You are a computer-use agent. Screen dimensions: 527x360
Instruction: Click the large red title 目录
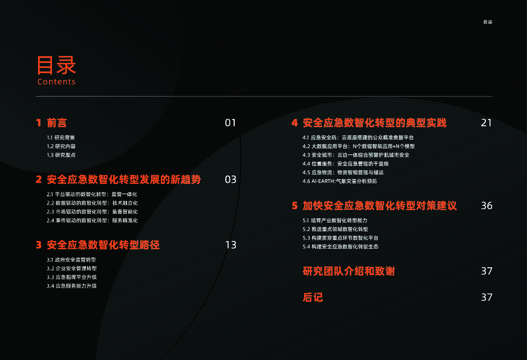(56, 65)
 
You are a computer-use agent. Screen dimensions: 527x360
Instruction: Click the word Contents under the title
(57, 82)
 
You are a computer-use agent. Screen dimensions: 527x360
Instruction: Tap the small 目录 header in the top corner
(487, 22)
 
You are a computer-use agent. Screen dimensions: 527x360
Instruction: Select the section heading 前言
(57, 123)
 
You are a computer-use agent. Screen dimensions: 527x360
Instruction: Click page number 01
(230, 123)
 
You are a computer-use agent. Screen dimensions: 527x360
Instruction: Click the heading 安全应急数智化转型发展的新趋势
(124, 179)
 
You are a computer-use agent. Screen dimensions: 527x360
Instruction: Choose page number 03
(230, 179)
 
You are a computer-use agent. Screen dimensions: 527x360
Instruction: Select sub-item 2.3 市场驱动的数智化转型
(92, 212)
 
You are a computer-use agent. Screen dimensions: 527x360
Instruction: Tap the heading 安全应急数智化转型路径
(103, 245)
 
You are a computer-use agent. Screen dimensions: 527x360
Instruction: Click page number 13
(231, 245)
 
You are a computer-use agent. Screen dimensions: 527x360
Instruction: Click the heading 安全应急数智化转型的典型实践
(374, 123)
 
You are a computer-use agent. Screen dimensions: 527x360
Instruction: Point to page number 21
(486, 123)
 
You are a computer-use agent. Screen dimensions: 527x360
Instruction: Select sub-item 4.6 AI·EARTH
(340, 181)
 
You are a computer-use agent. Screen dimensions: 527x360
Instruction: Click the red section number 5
(295, 205)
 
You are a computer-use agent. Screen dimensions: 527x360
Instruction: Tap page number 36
(486, 205)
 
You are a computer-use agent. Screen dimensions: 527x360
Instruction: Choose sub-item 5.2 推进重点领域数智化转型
(335, 229)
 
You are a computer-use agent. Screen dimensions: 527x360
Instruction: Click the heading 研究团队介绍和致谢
(348, 271)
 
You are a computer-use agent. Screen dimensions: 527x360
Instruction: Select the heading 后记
(312, 297)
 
